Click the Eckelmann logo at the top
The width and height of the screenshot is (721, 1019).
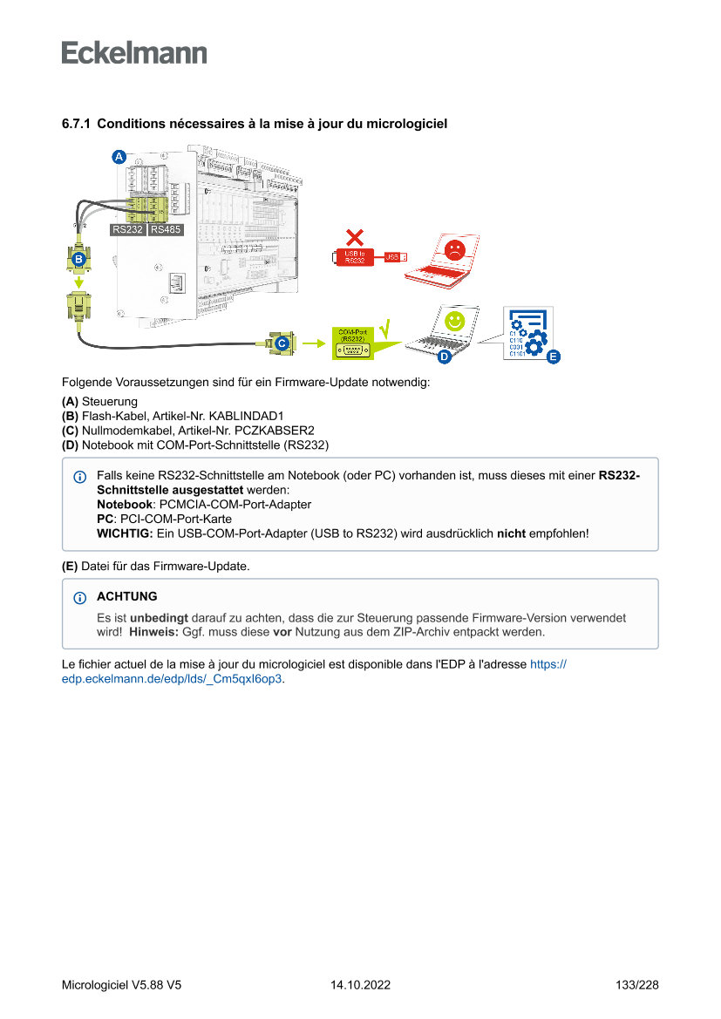134,52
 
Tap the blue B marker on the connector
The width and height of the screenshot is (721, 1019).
78,259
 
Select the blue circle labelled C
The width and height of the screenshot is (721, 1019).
282,344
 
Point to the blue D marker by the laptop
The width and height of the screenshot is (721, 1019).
443,357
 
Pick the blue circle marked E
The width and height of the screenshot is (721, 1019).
553,357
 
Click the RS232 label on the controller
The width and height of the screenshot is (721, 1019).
128,230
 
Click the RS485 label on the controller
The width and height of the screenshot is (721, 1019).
165,230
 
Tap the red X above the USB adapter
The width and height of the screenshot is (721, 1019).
354,236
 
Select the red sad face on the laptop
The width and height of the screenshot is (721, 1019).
454,250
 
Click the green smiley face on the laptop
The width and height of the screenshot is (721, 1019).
453,321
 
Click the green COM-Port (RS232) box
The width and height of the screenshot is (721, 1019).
353,343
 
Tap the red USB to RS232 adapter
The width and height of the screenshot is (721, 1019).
356,256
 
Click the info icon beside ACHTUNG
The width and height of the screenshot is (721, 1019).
80,598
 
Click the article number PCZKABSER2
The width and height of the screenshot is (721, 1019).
274,431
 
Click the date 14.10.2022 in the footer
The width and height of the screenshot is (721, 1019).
360,985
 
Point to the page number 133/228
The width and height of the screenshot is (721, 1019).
636,985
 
